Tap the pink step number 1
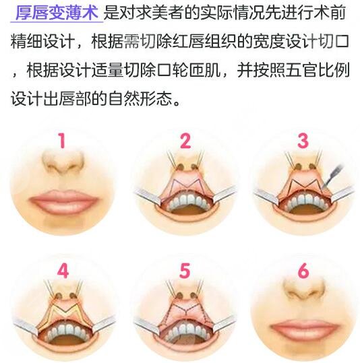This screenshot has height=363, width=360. click(x=62, y=142)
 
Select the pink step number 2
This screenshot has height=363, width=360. click(x=185, y=141)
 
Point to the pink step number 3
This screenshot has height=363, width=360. click(x=303, y=141)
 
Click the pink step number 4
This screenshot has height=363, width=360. click(x=63, y=271)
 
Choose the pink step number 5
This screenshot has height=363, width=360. click(x=185, y=271)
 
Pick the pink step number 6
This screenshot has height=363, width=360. click(x=303, y=271)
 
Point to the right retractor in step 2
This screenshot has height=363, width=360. click(x=226, y=195)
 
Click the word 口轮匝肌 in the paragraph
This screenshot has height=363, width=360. click(x=222, y=71)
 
